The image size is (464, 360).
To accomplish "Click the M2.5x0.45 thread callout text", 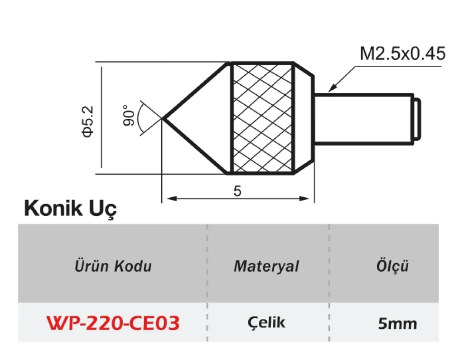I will (402, 54).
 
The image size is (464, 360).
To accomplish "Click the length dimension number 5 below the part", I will (237, 191).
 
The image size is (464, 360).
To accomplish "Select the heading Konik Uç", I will (70, 209).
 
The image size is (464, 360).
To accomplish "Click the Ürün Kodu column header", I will (113, 266).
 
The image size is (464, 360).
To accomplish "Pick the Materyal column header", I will (266, 266).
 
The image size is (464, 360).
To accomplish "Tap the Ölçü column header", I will (392, 266).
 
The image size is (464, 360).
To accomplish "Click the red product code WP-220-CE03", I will (113, 323).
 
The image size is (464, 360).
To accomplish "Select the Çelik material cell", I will (267, 322).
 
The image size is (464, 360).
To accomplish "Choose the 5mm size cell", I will (397, 324).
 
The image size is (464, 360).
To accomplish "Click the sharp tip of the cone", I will (163, 118).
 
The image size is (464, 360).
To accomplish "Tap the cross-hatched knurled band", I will (262, 118).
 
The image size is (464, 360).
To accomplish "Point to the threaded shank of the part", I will (362, 119).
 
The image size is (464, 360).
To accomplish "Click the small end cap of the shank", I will (418, 119).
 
